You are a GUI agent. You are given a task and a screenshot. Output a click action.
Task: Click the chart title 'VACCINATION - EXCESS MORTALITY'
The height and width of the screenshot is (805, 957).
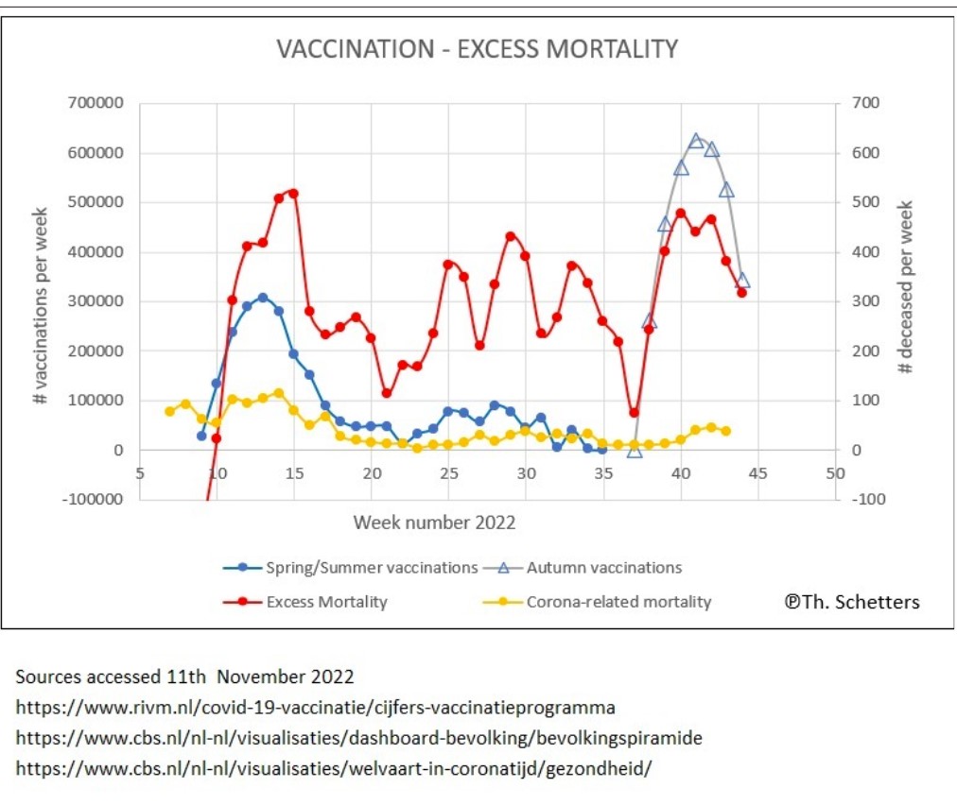(478, 49)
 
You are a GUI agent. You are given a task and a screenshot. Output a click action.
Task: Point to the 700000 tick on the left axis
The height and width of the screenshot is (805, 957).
(96, 103)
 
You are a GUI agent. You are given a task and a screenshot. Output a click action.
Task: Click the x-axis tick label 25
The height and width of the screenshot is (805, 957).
(448, 472)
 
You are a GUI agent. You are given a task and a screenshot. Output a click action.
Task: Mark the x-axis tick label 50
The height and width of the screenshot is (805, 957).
(835, 472)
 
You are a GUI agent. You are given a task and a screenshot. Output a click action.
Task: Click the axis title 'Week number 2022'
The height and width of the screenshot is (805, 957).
(435, 522)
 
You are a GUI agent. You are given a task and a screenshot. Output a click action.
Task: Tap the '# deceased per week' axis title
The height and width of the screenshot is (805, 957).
(905, 285)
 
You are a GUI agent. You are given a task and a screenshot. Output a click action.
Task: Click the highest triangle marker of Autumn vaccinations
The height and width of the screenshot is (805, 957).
(696, 141)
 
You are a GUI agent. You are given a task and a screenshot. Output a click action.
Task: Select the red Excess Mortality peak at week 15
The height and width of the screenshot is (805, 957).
(293, 193)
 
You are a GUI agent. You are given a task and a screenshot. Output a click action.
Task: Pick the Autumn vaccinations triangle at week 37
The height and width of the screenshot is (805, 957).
(635, 451)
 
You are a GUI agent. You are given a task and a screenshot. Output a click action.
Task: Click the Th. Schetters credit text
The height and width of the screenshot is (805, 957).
(851, 602)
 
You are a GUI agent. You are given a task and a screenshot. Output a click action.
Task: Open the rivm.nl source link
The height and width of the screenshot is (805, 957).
(315, 707)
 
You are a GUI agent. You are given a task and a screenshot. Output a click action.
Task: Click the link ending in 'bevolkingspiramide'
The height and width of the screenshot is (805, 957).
(358, 737)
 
